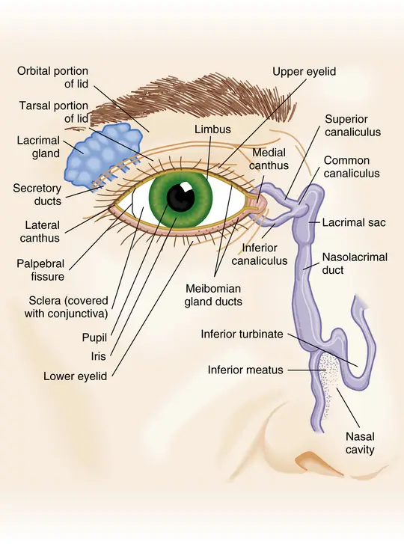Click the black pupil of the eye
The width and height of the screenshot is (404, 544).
(x=180, y=196)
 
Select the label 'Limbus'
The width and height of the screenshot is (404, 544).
(x=212, y=129)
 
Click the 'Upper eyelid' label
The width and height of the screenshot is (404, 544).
(x=304, y=72)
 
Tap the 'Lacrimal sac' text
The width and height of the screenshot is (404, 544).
(x=354, y=222)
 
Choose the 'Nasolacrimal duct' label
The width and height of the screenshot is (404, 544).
(x=355, y=263)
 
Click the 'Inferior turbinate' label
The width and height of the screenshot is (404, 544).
(x=242, y=334)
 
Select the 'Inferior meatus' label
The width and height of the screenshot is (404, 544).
(x=245, y=370)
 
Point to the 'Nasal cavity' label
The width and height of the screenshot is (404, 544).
(x=360, y=443)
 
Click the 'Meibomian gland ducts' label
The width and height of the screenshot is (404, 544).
(x=213, y=295)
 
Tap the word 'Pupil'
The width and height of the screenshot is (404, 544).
(x=94, y=337)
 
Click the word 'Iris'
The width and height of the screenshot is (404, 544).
(x=99, y=356)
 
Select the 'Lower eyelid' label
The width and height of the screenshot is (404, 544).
(x=76, y=376)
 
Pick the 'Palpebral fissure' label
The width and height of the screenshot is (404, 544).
(x=40, y=270)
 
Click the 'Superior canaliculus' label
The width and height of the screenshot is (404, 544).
(x=352, y=126)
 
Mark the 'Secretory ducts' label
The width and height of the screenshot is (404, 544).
(x=37, y=195)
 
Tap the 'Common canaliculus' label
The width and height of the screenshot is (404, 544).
(x=352, y=167)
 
